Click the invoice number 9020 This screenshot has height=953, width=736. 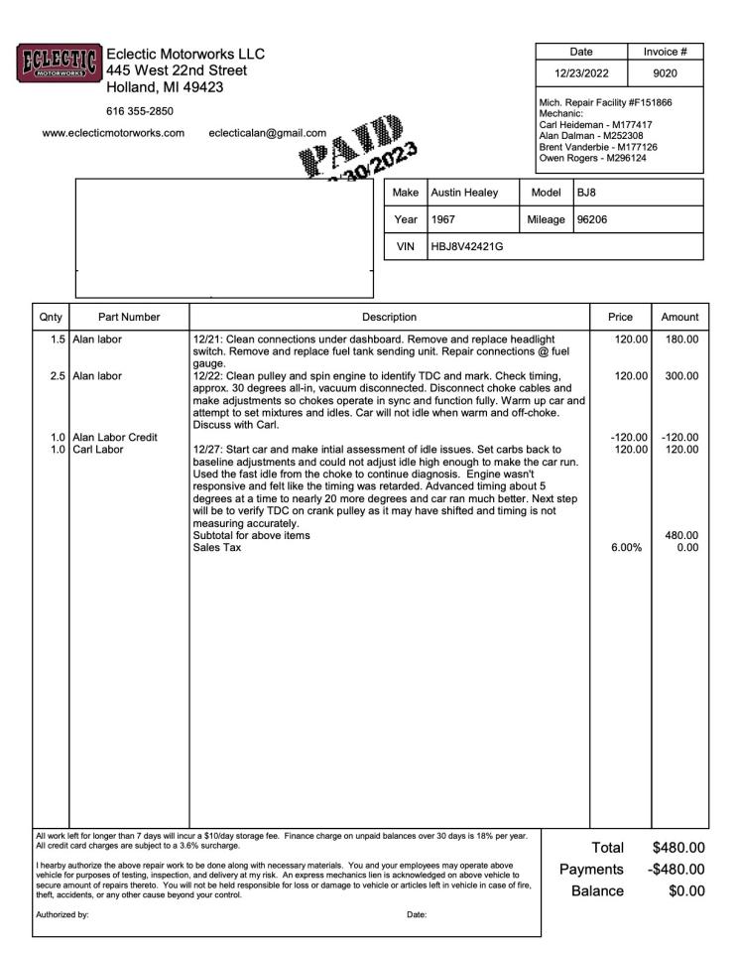[x=666, y=72]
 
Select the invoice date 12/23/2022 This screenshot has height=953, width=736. [x=581, y=72]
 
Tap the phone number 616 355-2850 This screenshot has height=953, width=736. [x=139, y=110]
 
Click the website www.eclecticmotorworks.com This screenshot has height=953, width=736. [x=114, y=133]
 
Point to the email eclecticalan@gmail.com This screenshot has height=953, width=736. [x=268, y=133]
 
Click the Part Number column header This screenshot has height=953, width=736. [x=129, y=317]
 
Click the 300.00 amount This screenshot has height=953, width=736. [x=681, y=375]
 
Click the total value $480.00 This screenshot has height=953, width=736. [x=677, y=848]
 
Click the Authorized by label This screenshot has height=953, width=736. [x=61, y=915]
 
